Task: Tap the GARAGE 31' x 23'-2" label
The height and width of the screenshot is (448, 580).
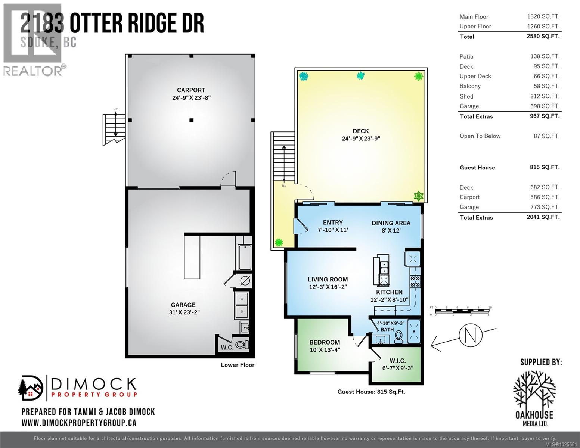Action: (x=183, y=308)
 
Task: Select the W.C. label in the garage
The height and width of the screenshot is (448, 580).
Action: (x=227, y=348)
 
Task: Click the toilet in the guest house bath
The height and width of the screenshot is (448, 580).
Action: (x=398, y=336)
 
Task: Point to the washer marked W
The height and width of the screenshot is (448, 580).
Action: (x=242, y=299)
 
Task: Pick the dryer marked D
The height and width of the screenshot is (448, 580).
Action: (x=242, y=311)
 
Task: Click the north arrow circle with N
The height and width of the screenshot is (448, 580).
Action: (x=471, y=335)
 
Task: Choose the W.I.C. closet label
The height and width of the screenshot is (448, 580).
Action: (x=397, y=364)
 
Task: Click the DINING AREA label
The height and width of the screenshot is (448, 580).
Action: (x=391, y=227)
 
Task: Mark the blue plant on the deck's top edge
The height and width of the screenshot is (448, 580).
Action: (x=360, y=76)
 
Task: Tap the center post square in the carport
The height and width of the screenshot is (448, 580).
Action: (x=191, y=120)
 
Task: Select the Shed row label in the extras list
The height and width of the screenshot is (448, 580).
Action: (x=466, y=96)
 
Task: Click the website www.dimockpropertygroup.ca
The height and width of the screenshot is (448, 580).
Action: (x=79, y=423)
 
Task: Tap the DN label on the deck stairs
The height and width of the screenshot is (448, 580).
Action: (x=284, y=186)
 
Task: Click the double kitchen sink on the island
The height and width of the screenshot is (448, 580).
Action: (x=384, y=268)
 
